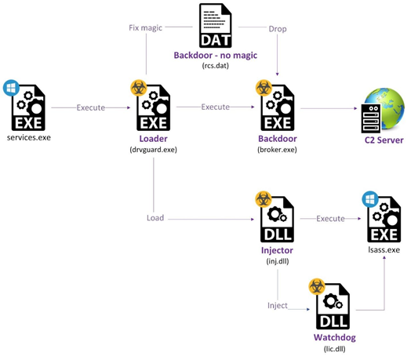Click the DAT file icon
click(x=215, y=25)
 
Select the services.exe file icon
click(x=28, y=107)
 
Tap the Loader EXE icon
click(x=153, y=107)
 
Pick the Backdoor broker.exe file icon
click(x=278, y=107)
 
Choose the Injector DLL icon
click(x=278, y=219)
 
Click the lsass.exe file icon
click(x=384, y=219)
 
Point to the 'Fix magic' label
click(x=145, y=27)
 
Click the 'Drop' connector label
click(x=278, y=29)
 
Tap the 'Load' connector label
click(x=155, y=218)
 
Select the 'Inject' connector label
click(x=278, y=305)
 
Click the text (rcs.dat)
click(x=216, y=66)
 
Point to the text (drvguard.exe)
click(x=153, y=150)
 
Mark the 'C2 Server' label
click(x=384, y=140)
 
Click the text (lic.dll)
click(x=334, y=349)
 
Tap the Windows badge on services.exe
click(x=11, y=88)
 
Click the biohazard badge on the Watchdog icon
click(x=317, y=286)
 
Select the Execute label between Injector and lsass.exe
click(x=330, y=219)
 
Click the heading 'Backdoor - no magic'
click(x=216, y=56)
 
